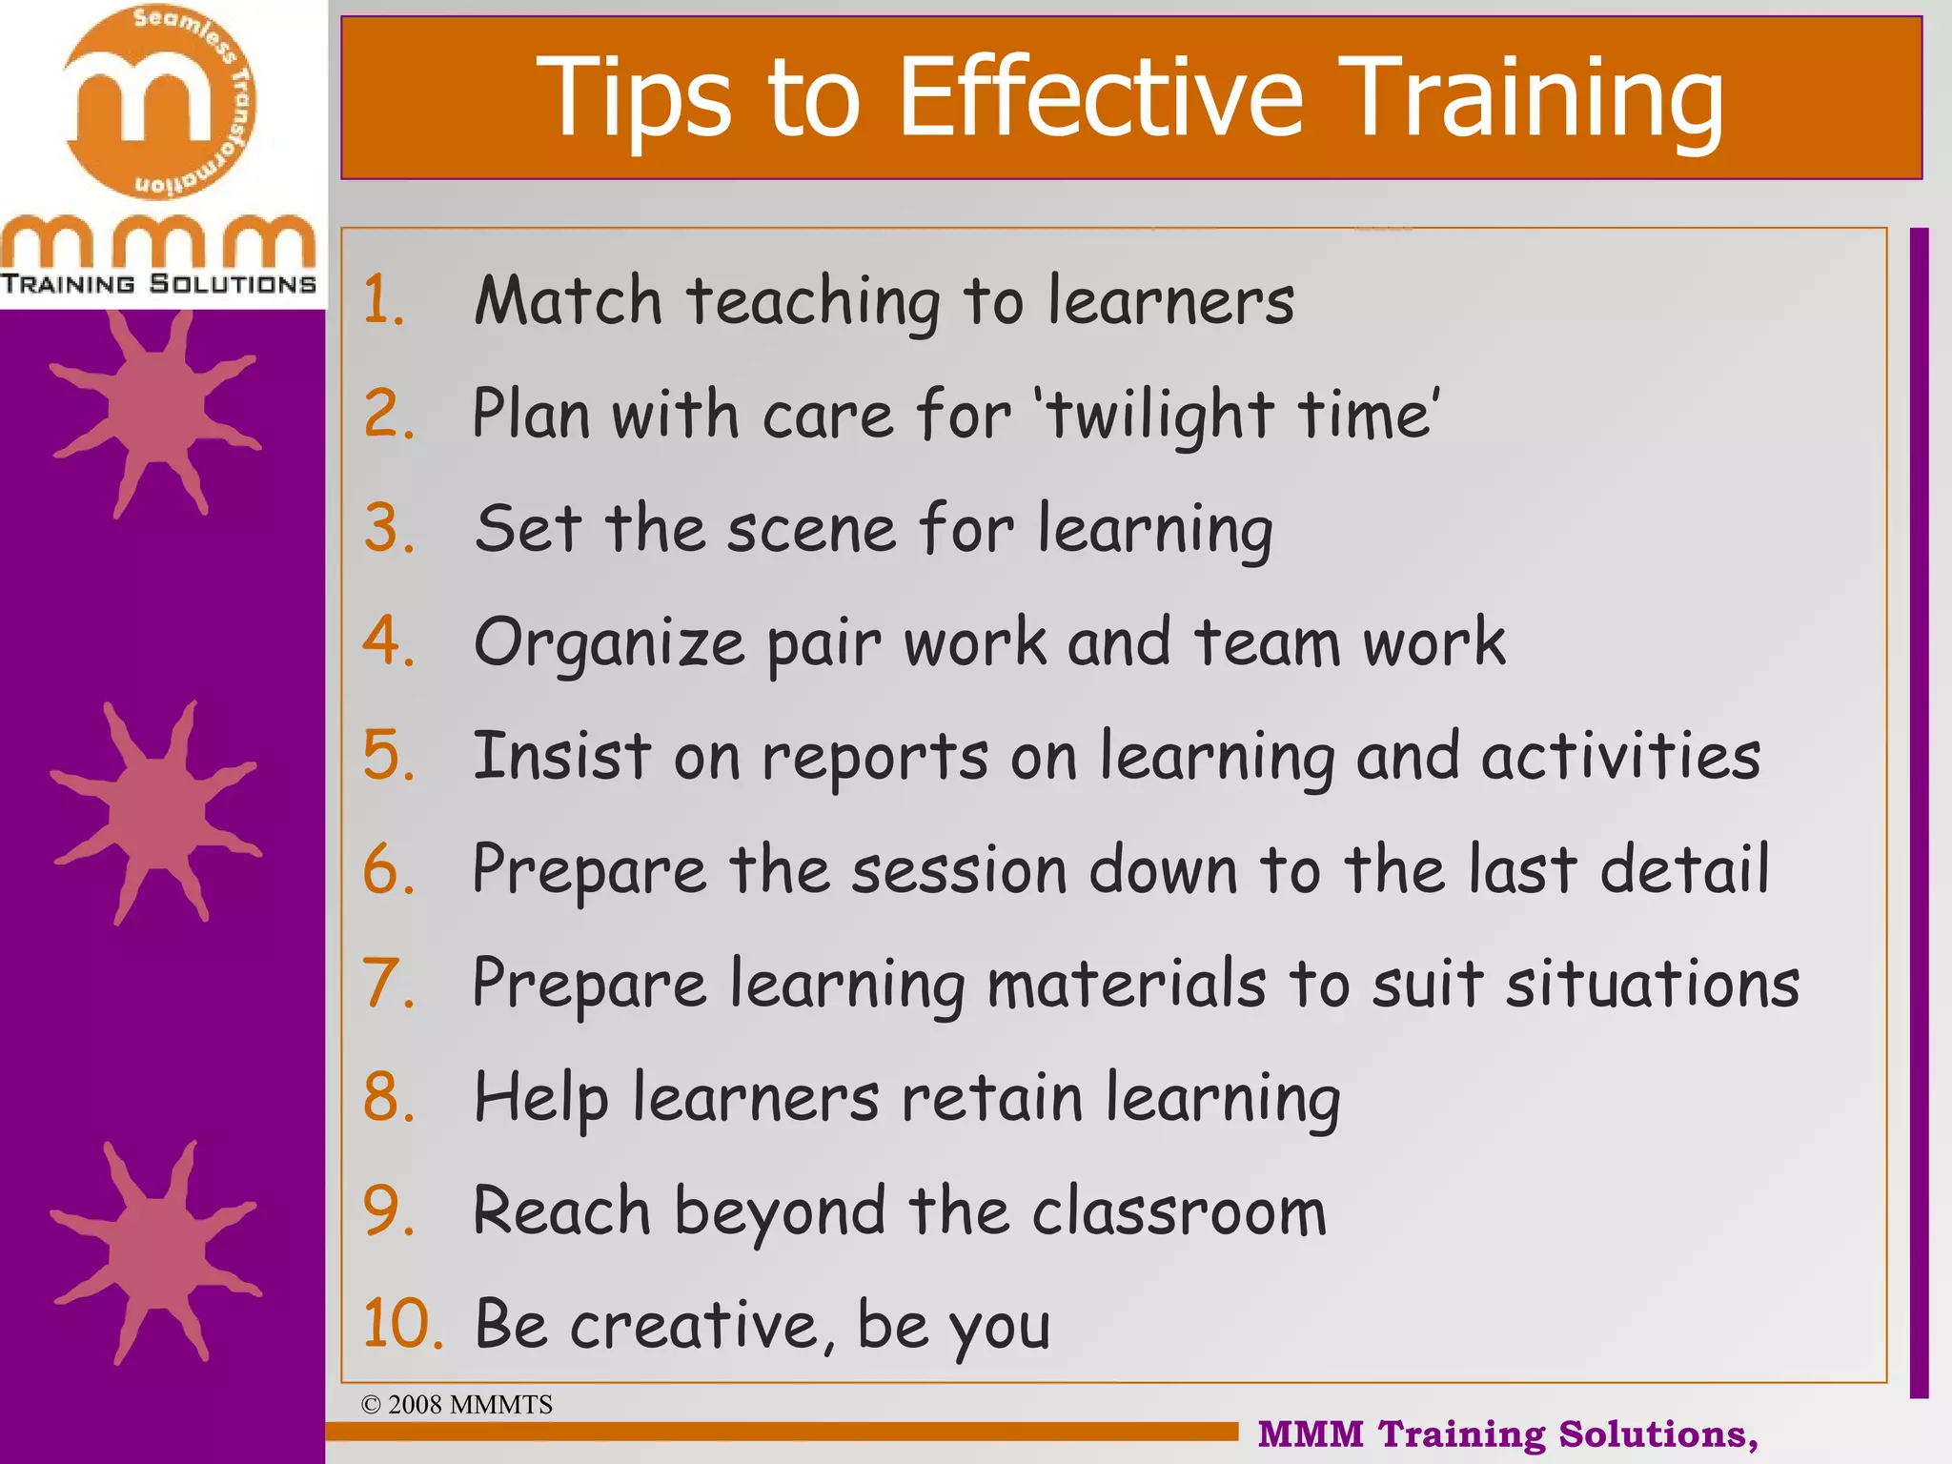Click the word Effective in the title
pos(1101,97)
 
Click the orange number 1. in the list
pos(384,300)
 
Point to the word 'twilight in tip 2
pos(1154,416)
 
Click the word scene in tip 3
pos(811,530)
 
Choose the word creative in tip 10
pos(701,1326)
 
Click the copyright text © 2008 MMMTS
pos(457,1405)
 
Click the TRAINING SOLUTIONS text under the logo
pos(158,284)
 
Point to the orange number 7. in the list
pos(388,984)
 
